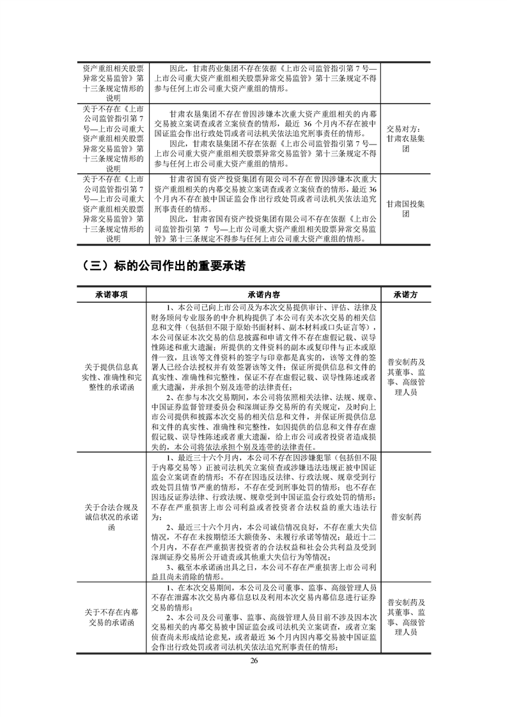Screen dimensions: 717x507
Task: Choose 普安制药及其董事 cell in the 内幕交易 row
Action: click(405, 617)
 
